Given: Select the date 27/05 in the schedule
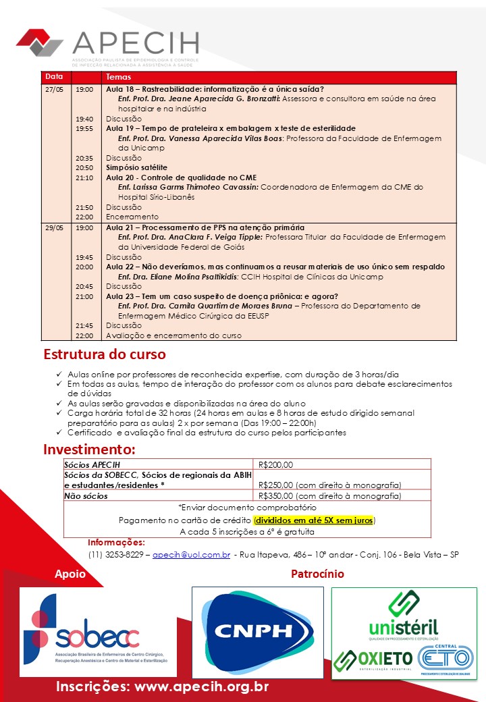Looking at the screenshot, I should pos(54,89).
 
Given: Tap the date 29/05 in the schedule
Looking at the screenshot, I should pos(54,228).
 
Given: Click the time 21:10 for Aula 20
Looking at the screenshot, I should pos(84,178).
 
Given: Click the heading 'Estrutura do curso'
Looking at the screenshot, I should pos(105,354).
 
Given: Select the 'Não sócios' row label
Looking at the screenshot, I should pos(86,496).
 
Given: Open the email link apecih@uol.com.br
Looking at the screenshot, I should pos(192,555).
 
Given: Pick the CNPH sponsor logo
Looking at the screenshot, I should pos(257,630).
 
